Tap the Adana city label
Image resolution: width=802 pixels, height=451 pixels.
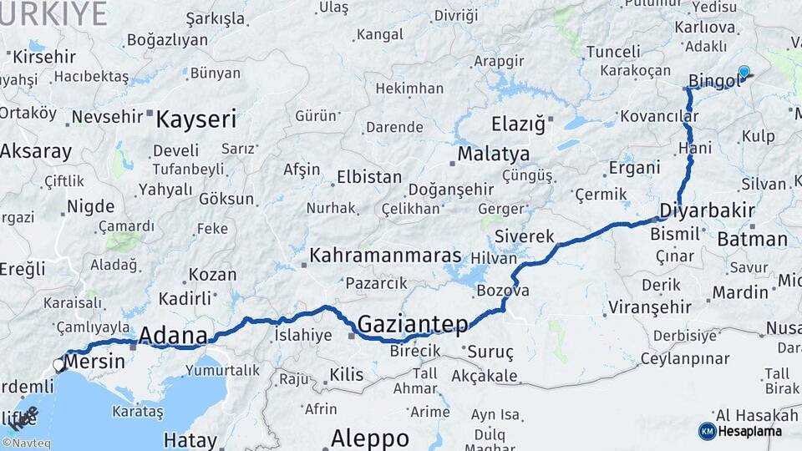click(173, 336)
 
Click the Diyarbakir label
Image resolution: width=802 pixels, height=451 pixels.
click(708, 209)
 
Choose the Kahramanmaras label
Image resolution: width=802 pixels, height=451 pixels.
click(385, 256)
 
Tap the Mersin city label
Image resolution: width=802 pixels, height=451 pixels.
click(94, 362)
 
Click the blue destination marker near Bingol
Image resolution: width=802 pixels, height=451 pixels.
click(744, 73)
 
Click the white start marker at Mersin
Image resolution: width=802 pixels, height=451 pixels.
click(59, 364)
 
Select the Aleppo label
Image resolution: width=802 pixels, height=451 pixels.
click(370, 438)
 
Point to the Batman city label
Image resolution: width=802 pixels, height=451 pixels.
click(752, 240)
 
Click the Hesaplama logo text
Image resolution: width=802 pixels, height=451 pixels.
click(753, 431)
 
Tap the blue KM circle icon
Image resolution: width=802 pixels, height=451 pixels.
click(707, 431)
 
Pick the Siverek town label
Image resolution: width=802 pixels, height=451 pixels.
click(524, 236)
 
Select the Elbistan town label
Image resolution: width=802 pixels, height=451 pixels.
click(368, 178)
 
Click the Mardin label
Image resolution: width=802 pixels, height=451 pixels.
click(739, 292)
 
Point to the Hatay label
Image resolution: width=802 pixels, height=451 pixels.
click(190, 439)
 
